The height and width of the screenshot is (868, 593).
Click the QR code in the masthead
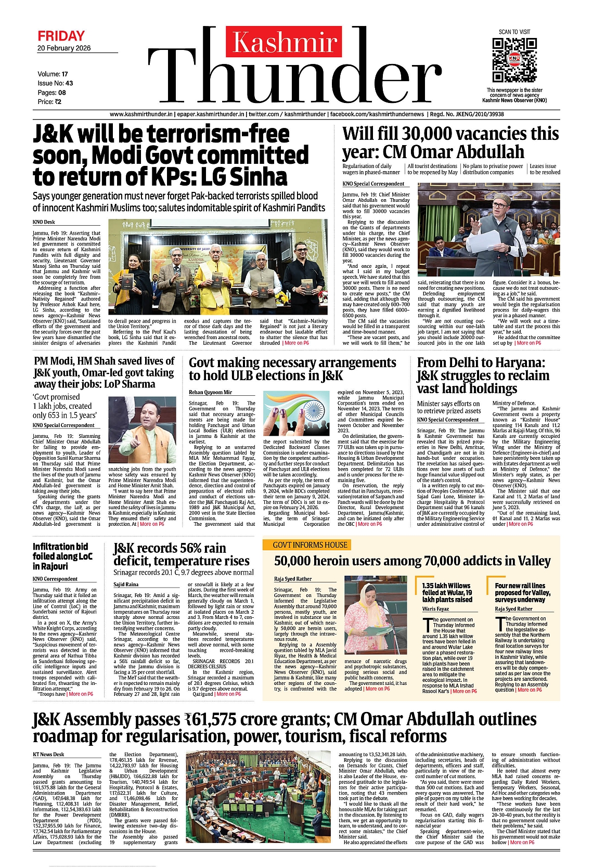pyautogui.click(x=514, y=59)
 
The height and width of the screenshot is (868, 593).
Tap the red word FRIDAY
pyautogui.click(x=61, y=36)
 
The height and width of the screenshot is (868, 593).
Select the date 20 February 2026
pyautogui.click(x=64, y=48)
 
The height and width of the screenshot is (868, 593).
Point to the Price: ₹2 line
pyautogui.click(x=49, y=102)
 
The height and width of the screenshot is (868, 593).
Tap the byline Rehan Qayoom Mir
pyautogui.click(x=210, y=392)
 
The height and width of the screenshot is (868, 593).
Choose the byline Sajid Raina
pyautogui.click(x=126, y=585)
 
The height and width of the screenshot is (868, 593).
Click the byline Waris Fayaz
pyautogui.click(x=435, y=608)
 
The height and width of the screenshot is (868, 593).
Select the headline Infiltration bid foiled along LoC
pyautogui.click(x=62, y=556)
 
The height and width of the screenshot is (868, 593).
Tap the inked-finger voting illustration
pyautogui.click(x=296, y=414)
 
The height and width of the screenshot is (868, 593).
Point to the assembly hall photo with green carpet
pyautogui.click(x=258, y=798)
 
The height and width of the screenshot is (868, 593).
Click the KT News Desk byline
pyautogui.click(x=48, y=754)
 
